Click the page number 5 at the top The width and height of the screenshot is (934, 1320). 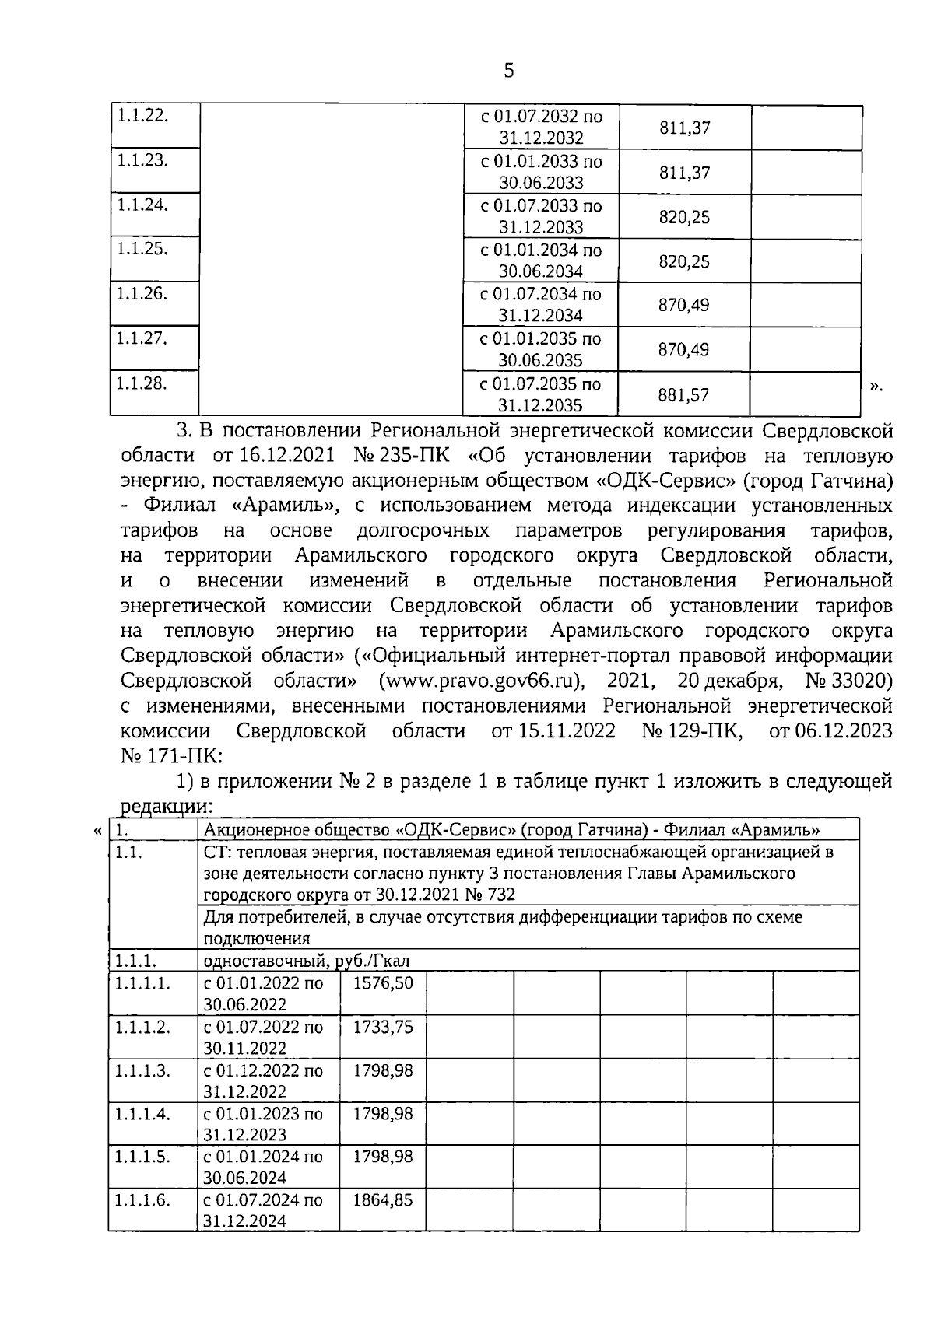click(509, 72)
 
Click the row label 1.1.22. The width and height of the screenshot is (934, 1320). click(142, 115)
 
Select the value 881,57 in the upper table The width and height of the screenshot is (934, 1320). click(683, 395)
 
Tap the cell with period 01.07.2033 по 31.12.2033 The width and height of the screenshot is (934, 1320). click(541, 216)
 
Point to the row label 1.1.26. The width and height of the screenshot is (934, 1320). click(142, 293)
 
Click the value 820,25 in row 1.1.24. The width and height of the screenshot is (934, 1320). click(684, 217)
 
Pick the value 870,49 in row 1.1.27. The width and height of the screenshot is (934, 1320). click(683, 350)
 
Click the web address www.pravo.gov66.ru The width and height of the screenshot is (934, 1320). click(482, 681)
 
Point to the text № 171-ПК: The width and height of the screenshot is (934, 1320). click(171, 756)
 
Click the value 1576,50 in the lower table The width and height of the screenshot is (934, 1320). click(383, 982)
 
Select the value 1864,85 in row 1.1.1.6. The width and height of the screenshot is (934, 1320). click(383, 1199)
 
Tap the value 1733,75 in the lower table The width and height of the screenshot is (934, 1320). click(383, 1027)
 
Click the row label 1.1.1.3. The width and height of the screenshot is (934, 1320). click(142, 1070)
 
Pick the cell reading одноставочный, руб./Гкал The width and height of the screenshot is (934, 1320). click(307, 961)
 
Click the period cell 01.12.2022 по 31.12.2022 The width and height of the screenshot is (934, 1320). click(263, 1080)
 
